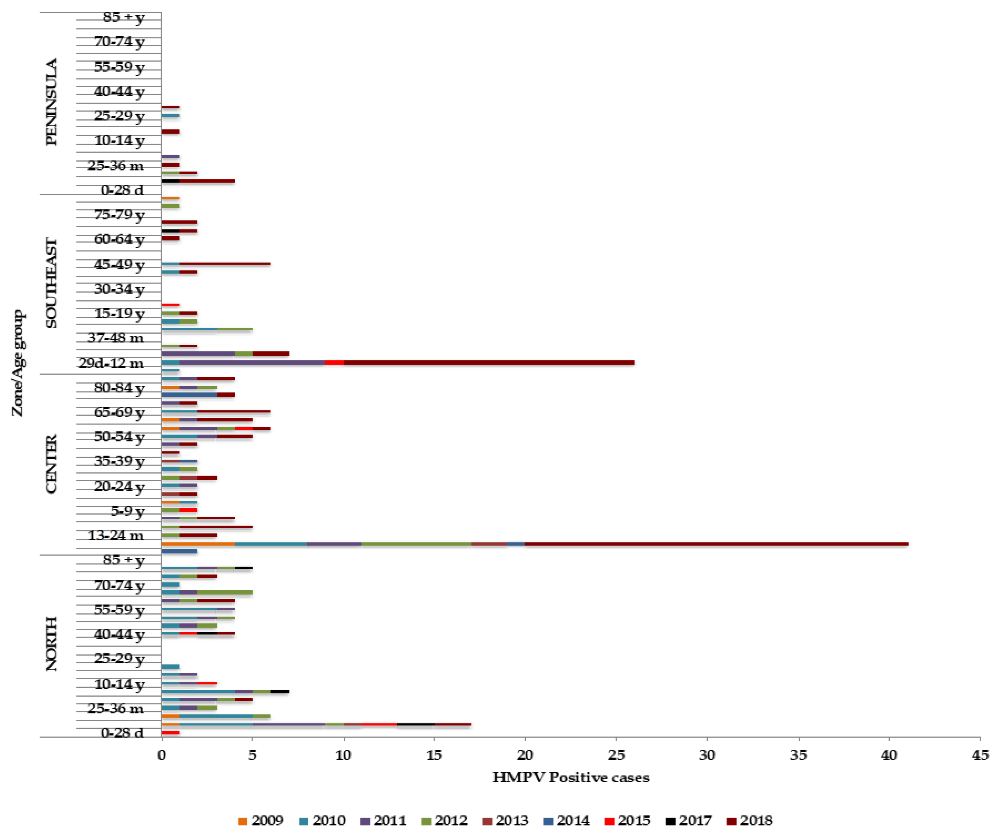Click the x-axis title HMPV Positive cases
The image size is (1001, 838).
point(570,778)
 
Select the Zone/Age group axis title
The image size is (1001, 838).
point(18,363)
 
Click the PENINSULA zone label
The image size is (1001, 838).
point(51,102)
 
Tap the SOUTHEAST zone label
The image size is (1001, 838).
point(51,283)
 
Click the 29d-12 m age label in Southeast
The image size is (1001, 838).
point(111,363)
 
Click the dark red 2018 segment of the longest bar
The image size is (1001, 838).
point(715,544)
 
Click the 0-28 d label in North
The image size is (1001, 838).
point(122,733)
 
